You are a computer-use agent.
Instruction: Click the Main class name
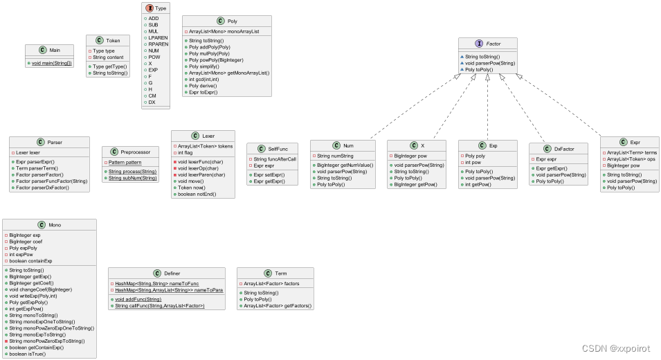click(x=53, y=51)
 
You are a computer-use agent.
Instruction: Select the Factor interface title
click(x=494, y=44)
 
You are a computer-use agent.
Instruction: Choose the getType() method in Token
click(x=109, y=66)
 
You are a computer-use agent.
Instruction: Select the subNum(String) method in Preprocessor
click(x=134, y=178)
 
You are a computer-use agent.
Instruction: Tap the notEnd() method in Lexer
click(x=198, y=194)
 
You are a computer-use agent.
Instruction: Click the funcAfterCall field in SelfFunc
click(x=275, y=159)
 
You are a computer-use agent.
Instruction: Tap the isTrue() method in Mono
click(x=30, y=353)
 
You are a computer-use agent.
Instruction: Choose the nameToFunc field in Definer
click(x=156, y=283)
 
